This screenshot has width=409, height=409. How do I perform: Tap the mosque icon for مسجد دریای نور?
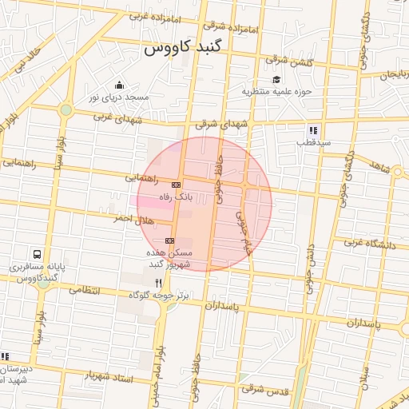pos(119,85)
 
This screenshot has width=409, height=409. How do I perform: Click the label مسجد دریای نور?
pos(119,97)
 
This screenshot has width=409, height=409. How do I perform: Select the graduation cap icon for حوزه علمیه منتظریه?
pos(276,79)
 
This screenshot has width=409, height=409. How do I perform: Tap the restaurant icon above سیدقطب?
pos(313,129)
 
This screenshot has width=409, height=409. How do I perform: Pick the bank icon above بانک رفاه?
pos(176,185)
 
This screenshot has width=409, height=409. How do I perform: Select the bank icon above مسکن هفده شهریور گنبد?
pos(169,240)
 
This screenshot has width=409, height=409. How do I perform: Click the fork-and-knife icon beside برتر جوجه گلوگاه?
pos(158,284)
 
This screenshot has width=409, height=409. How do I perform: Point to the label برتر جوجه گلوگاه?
pos(162,296)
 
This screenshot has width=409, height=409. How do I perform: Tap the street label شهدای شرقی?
pos(216,124)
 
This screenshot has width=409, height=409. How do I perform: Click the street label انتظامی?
pos(84,290)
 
